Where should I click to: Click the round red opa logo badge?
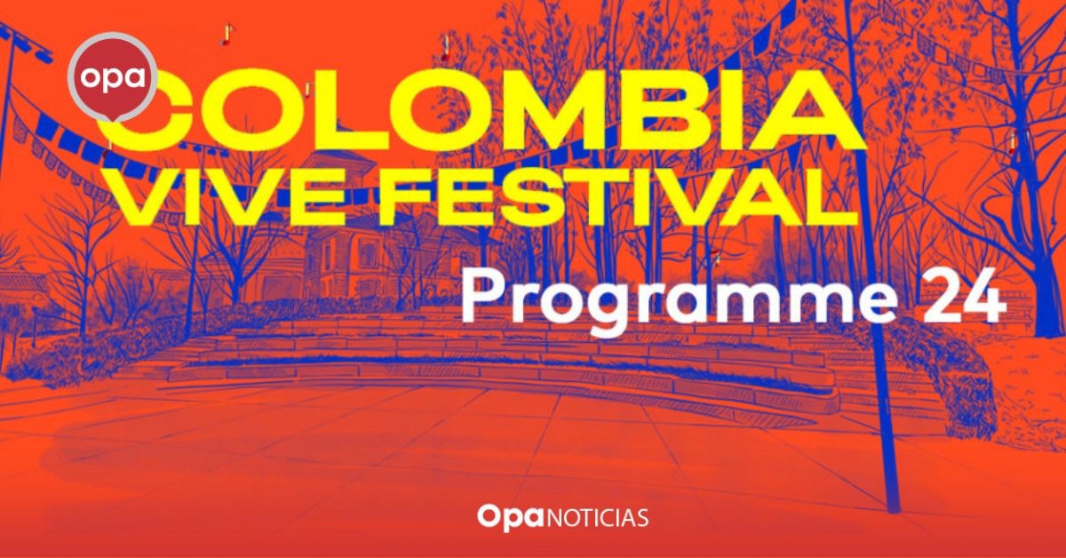point(113,76)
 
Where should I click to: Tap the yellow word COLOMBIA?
point(481,109)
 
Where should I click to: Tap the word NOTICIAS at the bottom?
point(598,518)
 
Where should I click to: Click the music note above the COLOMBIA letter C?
point(227,35)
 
